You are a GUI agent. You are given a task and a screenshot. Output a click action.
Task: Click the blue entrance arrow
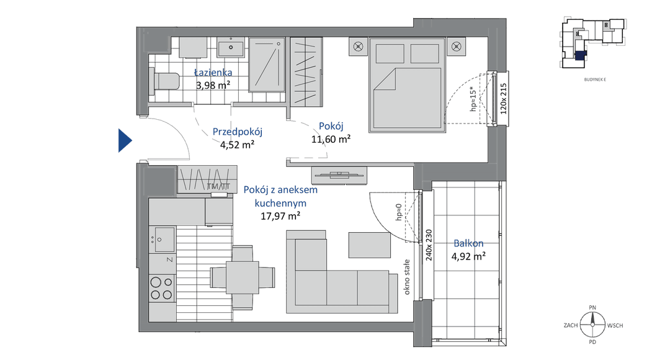(x=124, y=140)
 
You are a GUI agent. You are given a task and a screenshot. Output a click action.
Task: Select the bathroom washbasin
(x=231, y=47)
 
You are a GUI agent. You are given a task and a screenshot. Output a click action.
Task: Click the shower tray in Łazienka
(x=267, y=65)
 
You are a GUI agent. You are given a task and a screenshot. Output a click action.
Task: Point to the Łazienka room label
(x=213, y=73)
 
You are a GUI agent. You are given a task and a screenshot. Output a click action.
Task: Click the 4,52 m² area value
(x=237, y=145)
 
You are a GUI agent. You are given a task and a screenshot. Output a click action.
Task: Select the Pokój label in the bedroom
(x=331, y=126)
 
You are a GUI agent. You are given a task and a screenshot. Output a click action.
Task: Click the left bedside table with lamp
(x=358, y=47)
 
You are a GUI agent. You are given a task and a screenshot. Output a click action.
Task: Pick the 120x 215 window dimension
(x=503, y=98)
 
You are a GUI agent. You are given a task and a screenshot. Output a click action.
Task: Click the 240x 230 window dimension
(x=429, y=245)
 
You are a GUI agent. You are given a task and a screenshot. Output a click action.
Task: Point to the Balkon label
(x=469, y=243)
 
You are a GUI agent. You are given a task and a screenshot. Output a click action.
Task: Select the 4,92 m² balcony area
(x=468, y=256)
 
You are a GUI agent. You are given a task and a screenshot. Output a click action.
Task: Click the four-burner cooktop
(x=162, y=288)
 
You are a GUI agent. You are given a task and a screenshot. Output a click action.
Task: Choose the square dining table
(x=243, y=277)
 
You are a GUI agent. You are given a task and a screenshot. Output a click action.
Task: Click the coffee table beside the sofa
(x=370, y=245)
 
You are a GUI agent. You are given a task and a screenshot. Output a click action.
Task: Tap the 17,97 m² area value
(x=280, y=217)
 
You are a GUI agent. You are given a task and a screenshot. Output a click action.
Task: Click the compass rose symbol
(x=592, y=325)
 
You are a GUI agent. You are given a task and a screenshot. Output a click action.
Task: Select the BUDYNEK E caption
(x=595, y=79)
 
